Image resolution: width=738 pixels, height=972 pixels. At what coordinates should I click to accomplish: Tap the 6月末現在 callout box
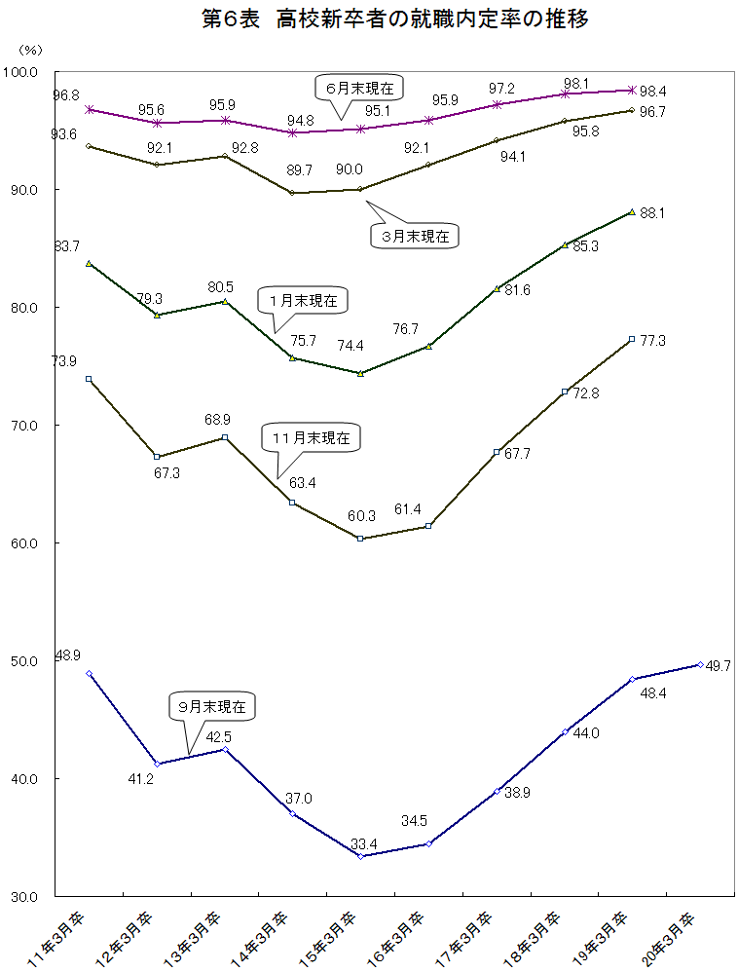click(359, 88)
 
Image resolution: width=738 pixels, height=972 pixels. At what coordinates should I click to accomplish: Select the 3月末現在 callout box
click(415, 235)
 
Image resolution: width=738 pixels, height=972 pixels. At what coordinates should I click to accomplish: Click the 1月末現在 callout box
click(303, 301)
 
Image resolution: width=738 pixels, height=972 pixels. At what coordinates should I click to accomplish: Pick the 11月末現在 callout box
click(311, 438)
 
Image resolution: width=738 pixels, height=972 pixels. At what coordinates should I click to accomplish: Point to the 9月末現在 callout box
click(212, 705)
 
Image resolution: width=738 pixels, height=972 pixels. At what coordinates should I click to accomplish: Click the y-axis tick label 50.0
click(22, 661)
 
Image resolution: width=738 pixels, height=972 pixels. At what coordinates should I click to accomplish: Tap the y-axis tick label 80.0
click(22, 308)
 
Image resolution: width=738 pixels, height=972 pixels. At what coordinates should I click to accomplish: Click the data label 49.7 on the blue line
click(721, 665)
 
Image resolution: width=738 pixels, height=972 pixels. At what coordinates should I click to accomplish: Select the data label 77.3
click(653, 340)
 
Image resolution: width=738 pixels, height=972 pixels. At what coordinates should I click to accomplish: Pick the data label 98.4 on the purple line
click(653, 91)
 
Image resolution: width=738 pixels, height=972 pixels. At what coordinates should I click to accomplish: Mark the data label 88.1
click(653, 212)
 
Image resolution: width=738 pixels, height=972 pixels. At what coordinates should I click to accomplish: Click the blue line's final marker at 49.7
click(700, 665)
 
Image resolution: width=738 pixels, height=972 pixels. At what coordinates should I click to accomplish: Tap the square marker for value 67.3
click(157, 457)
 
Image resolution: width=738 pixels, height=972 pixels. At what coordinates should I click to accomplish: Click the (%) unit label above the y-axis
click(30, 49)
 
